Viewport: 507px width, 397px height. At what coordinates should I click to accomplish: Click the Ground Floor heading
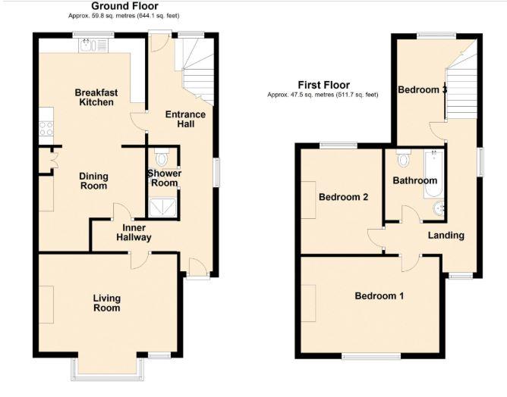click(x=124, y=6)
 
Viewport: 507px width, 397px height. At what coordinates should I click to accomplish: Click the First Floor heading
click(x=324, y=86)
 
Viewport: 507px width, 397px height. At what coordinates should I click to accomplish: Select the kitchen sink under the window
click(x=93, y=46)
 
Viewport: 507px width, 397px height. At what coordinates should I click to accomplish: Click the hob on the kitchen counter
click(x=45, y=129)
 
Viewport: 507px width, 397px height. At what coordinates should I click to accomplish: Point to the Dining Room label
click(x=94, y=181)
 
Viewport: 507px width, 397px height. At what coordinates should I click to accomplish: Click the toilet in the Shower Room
click(x=161, y=159)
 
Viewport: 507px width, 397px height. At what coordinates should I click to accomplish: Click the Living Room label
click(x=106, y=303)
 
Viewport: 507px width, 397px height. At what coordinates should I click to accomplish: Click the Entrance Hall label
click(x=185, y=119)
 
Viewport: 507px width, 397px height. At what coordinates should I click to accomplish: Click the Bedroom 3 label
click(x=421, y=89)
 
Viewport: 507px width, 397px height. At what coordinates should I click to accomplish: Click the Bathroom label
click(x=414, y=181)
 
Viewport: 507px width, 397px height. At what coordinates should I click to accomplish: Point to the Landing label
click(x=446, y=236)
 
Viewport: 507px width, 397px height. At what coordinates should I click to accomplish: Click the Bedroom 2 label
click(x=343, y=198)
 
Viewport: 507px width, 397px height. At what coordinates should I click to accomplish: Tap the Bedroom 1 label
click(x=379, y=295)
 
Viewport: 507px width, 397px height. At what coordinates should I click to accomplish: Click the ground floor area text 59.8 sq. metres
click(x=124, y=15)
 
